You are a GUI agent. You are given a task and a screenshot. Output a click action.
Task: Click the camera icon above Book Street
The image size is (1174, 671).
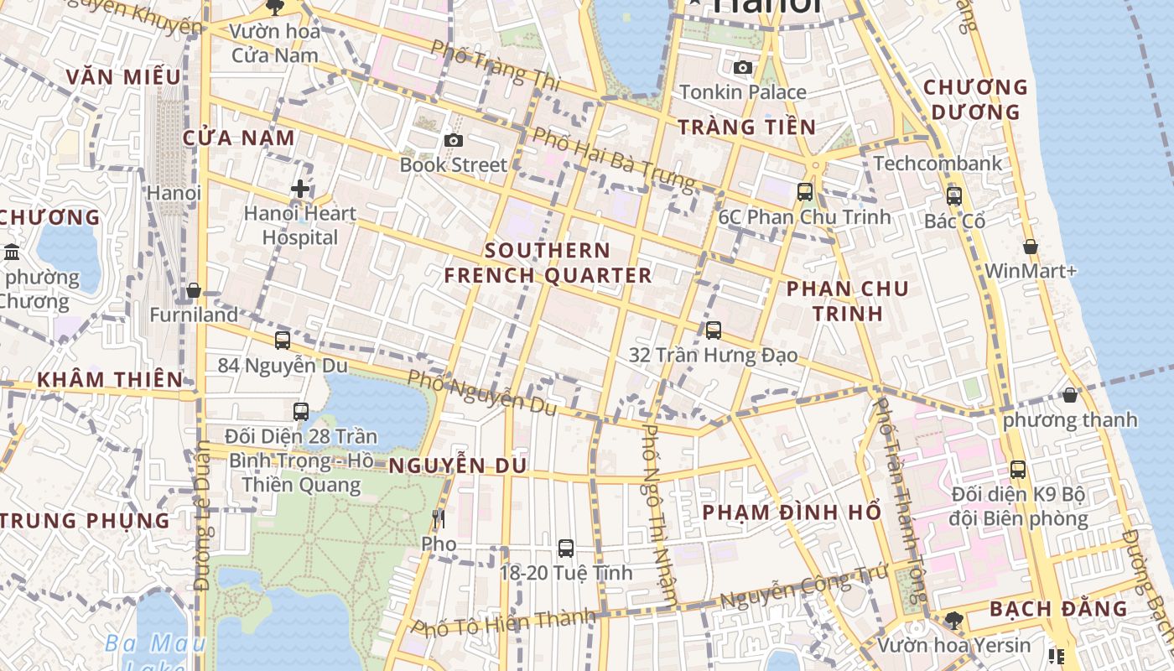pos(454,140)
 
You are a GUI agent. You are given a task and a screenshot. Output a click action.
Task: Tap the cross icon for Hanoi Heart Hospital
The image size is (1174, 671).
pos(299,189)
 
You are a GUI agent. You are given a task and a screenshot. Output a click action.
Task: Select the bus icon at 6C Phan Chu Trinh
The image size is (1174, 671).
pos(805,191)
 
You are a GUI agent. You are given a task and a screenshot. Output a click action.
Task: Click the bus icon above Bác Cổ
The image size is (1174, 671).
pos(954,196)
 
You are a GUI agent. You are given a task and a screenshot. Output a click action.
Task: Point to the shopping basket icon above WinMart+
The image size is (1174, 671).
pos(1030,247)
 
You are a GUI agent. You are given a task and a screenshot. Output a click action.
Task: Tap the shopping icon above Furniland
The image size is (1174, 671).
pos(194,290)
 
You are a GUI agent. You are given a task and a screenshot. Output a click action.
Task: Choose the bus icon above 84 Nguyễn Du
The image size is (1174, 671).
pos(283,341)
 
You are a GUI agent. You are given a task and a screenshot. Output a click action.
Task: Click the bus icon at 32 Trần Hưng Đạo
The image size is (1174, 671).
pos(714,330)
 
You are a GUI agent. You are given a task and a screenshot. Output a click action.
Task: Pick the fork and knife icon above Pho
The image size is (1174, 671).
pos(438,519)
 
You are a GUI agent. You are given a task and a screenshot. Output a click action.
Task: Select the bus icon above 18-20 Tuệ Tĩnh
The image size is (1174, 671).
pos(566,549)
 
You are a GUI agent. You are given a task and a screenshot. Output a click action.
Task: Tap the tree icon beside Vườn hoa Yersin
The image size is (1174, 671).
pos(953,621)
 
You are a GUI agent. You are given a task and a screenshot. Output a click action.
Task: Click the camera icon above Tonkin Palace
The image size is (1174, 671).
pos(742,68)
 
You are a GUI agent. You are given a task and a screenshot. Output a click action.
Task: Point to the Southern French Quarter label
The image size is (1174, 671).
pos(548,263)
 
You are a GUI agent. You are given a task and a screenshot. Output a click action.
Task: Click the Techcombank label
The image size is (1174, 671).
pos(938,163)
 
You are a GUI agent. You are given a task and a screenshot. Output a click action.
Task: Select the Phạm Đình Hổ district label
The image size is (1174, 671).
pos(791,512)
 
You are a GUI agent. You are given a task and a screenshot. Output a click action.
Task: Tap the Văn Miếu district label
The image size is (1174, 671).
pos(123,77)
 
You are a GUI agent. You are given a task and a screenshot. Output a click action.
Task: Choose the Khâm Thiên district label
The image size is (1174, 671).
pos(109,379)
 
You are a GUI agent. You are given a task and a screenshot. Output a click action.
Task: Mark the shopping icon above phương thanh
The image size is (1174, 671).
pos(1069,394)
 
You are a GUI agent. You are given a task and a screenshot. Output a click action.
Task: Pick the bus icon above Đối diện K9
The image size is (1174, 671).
pos(1017,470)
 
